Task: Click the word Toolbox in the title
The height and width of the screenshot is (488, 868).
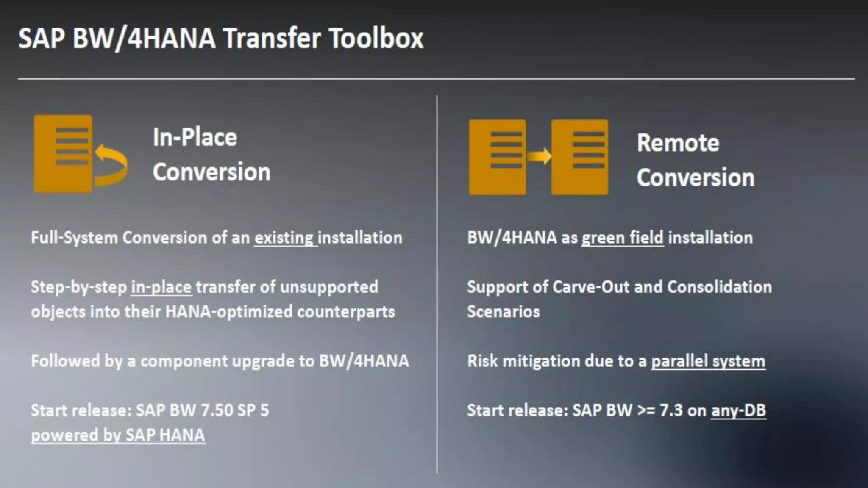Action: pos(376,39)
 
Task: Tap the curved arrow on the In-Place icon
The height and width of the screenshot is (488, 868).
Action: pos(111,165)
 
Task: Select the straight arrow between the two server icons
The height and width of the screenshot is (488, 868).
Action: pos(539,156)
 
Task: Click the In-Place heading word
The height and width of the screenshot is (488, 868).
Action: pos(195,137)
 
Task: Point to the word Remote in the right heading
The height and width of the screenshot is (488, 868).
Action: pos(678,143)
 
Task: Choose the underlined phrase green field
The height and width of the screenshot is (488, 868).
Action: pos(622,238)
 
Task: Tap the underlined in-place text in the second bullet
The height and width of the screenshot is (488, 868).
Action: pos(161,288)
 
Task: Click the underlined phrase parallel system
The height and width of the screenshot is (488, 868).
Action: pos(708,361)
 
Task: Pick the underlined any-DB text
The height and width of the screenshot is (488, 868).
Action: pos(738,410)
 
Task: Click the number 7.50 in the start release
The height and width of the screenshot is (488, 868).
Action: pos(217,410)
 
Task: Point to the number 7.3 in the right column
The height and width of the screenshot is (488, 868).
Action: pos(671,410)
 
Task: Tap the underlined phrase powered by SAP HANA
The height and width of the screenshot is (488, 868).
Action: pos(118,435)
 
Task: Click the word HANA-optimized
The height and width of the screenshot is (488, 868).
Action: pos(229,312)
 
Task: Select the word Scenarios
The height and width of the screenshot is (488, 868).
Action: pos(503,312)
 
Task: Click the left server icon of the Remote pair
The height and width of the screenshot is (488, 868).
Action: pos(497,157)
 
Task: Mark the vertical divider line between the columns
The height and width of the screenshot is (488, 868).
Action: pos(437,284)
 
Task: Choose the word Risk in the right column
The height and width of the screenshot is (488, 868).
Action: pos(482,361)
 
